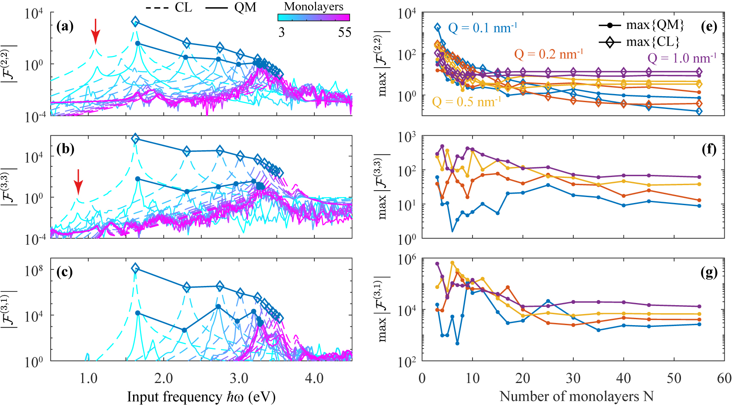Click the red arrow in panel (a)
pos(95,31)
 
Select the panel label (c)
pos(65,272)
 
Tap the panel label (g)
pos(709,272)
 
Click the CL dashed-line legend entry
pos(169,7)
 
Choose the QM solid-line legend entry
pos(231,7)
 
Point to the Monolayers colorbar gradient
pos(313,17)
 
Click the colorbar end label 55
pos(345,32)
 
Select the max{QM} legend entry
pos(642,26)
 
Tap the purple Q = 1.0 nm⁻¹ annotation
pos(682,58)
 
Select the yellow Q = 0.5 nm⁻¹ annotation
pos(466,102)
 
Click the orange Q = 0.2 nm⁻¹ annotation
pos(548,54)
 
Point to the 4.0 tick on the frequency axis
pos(314,378)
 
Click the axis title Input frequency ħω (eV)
pos(201,397)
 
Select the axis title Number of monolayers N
pos(576,397)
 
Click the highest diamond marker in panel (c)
pos(135,268)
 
